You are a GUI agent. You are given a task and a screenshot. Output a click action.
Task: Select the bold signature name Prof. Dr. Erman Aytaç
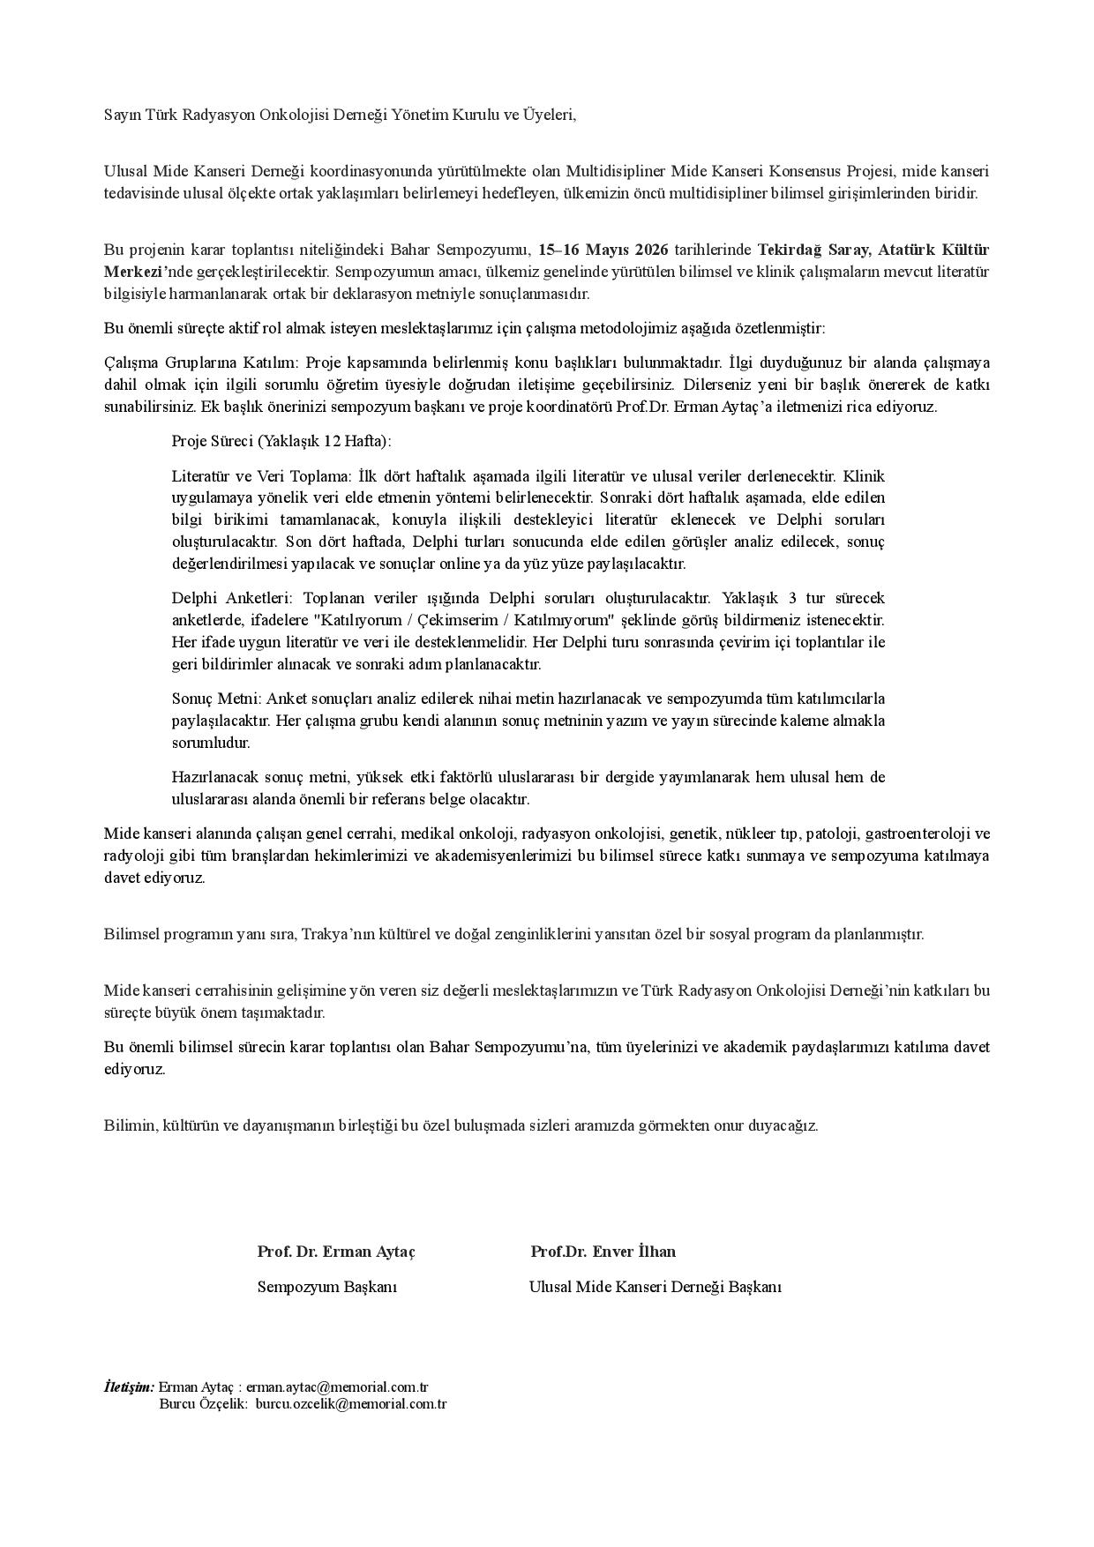[x=336, y=1252]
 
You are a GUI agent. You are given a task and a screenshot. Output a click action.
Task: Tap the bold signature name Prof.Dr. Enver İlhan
[x=603, y=1252]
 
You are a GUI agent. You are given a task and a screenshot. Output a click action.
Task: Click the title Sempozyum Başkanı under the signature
[x=326, y=1287]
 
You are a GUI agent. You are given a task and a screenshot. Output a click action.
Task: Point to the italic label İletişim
[x=129, y=1386]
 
